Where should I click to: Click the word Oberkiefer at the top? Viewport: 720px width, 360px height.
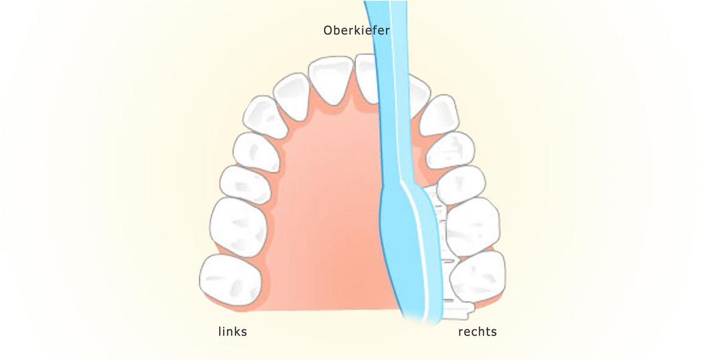coord(356,31)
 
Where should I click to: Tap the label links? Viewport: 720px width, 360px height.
coord(232,332)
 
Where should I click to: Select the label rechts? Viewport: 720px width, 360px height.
coord(477,332)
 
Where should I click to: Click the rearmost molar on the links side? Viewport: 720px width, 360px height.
coord(231,280)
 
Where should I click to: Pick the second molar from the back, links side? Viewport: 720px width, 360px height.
coord(239,227)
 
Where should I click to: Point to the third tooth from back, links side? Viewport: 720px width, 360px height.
coord(246,184)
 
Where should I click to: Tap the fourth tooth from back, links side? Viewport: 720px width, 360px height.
coord(256,152)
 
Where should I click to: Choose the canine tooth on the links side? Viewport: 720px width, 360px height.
coord(265,117)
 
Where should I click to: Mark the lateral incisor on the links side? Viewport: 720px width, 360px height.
coord(292,96)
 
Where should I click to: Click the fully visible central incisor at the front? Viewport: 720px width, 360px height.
coord(330,79)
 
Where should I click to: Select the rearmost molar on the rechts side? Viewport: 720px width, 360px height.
coord(479,277)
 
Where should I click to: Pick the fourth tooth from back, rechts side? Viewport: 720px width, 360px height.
coord(450,150)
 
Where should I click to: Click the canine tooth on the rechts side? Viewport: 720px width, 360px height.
coord(439,116)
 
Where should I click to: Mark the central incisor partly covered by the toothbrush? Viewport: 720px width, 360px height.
coord(368,79)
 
